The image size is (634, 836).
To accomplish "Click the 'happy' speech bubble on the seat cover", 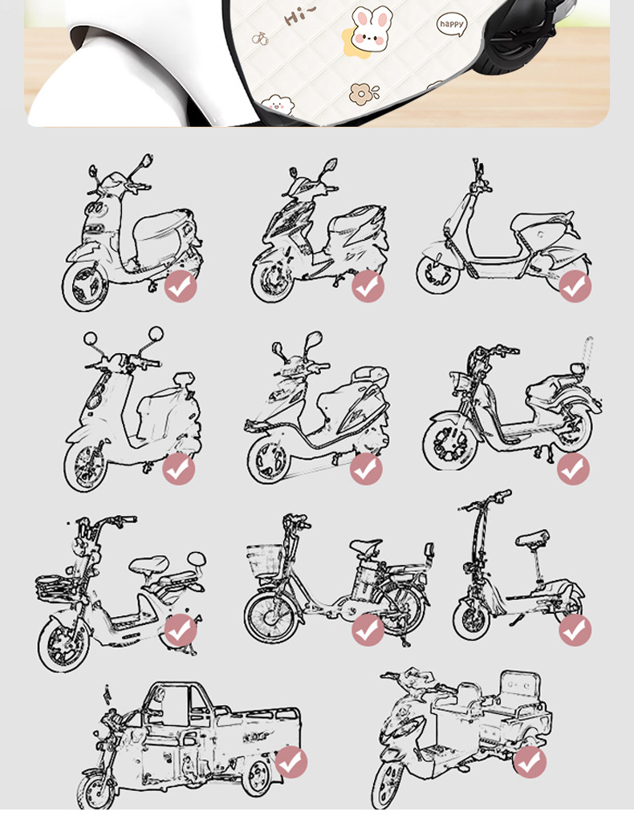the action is (x=452, y=24).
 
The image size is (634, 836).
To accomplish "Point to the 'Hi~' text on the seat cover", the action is (x=299, y=16).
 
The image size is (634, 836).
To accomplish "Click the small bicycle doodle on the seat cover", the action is (x=260, y=38).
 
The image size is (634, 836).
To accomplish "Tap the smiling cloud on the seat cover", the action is (x=278, y=104).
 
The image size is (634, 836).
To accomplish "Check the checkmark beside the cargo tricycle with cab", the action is (x=291, y=762).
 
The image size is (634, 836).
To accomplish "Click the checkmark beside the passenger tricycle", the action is (x=530, y=762).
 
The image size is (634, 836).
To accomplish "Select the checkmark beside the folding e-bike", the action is (x=575, y=630).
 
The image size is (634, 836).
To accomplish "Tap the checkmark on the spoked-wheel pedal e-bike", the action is (x=368, y=630).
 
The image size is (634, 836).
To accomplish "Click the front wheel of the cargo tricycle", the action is (x=96, y=792).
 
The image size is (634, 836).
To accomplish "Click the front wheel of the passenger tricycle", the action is (x=388, y=785).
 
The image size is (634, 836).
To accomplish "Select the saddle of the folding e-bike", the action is (x=532, y=538).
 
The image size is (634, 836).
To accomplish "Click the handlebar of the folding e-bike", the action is (x=484, y=501).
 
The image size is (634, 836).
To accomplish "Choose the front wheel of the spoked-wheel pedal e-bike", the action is (x=271, y=616).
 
